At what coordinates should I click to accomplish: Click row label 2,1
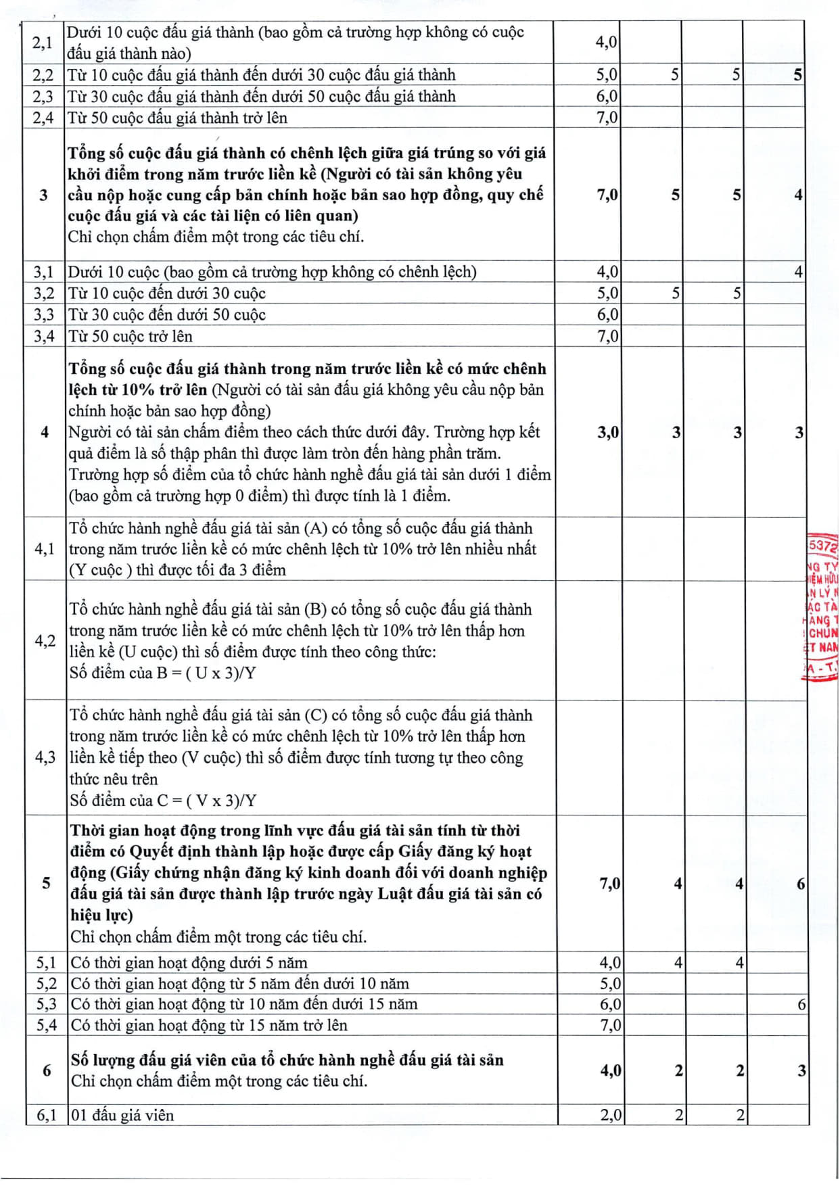pos(42,43)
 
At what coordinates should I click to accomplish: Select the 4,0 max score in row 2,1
pos(605,42)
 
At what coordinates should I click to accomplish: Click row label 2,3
pos(43,97)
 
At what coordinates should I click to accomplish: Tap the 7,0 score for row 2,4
pos(606,118)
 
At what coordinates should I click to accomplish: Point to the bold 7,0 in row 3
pos(607,195)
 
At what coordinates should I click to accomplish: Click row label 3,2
pos(44,293)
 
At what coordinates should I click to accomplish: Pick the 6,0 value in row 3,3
pos(607,314)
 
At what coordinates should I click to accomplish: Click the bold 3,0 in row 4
pos(607,432)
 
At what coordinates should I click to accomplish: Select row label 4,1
pos(45,549)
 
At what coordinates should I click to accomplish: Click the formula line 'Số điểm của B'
pos(162,673)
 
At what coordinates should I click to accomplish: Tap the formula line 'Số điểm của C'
pos(163,801)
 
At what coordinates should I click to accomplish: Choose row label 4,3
pos(45,757)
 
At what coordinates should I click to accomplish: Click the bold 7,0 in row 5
pos(609,884)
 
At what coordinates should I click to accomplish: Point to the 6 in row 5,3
pos(801,1004)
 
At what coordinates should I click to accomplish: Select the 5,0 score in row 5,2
pos(610,983)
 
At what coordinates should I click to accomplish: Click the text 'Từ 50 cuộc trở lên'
pos(130,336)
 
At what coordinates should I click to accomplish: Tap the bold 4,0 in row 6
pos(610,1070)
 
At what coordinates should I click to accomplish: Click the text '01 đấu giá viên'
pos(122,1115)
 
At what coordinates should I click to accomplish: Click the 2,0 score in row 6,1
pos(611,1115)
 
